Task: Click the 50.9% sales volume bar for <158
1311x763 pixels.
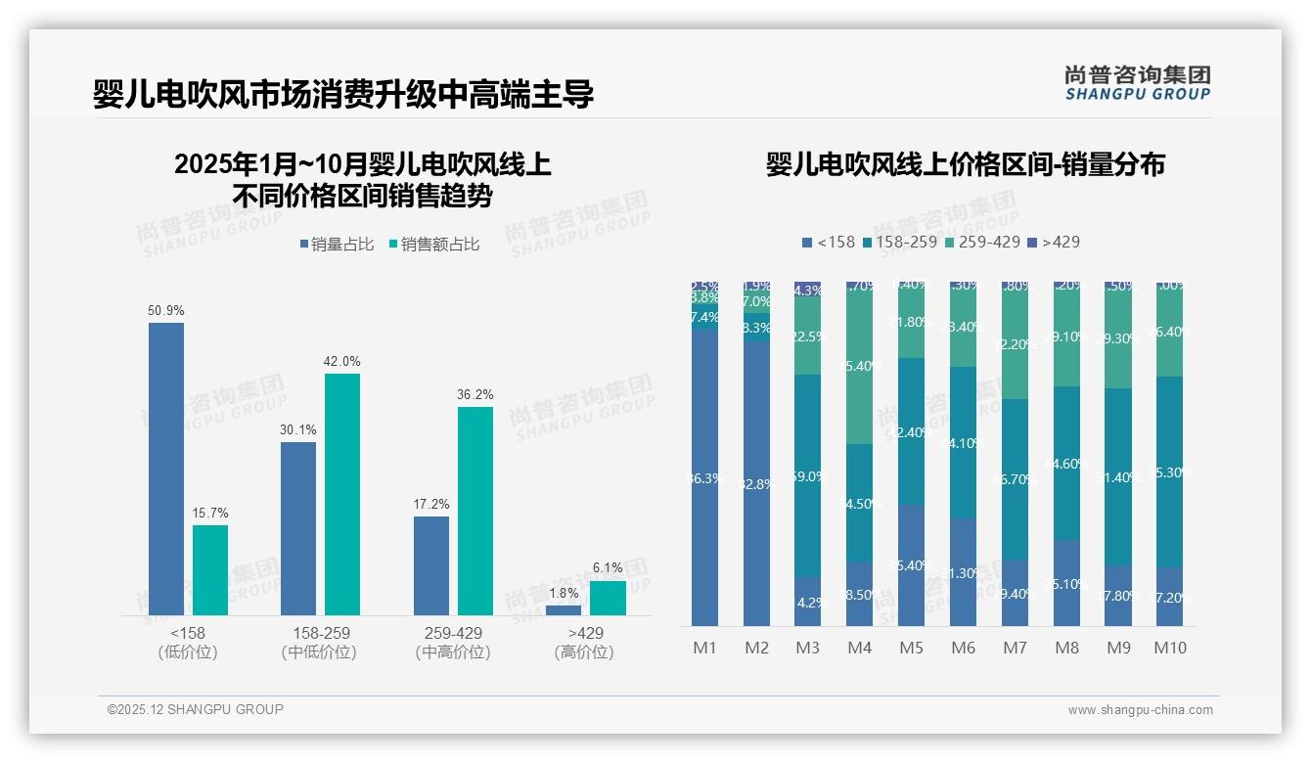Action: [x=166, y=469]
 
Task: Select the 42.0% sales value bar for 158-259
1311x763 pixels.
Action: [x=342, y=494]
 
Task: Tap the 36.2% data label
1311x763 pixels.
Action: [x=475, y=394]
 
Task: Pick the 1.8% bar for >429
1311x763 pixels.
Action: [x=564, y=610]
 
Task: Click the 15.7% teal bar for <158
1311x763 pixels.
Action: [x=210, y=570]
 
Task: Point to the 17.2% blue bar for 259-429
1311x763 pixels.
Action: [x=431, y=565]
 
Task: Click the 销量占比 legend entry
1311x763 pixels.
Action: [x=337, y=245]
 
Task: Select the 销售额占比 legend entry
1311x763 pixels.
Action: [x=433, y=245]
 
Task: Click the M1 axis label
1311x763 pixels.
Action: [x=704, y=648]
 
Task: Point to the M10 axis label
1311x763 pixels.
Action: [x=1169, y=648]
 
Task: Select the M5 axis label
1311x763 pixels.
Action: [x=911, y=648]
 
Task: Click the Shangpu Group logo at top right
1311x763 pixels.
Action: [x=1137, y=83]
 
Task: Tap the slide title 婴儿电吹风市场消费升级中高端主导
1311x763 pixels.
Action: [x=343, y=95]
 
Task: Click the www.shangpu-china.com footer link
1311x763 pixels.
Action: [x=1140, y=710]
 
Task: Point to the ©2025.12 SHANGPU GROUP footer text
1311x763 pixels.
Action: [x=196, y=709]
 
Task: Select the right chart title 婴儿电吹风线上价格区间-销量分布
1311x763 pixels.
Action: [x=965, y=164]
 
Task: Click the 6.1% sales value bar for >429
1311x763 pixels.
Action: [x=608, y=599]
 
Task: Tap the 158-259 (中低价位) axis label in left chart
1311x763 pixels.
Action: [x=319, y=643]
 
